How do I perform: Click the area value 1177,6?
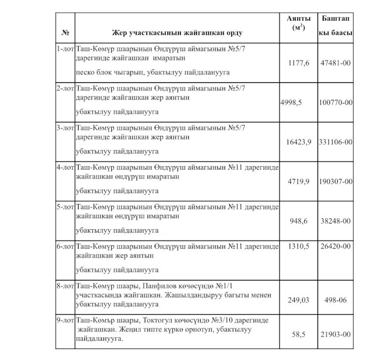pos(299,63)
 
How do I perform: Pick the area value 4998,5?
pos(291,102)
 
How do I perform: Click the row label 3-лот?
pos(66,127)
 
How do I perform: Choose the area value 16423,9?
pos(299,142)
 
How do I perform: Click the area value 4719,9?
pos(299,182)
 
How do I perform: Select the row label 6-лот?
pos(66,246)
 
